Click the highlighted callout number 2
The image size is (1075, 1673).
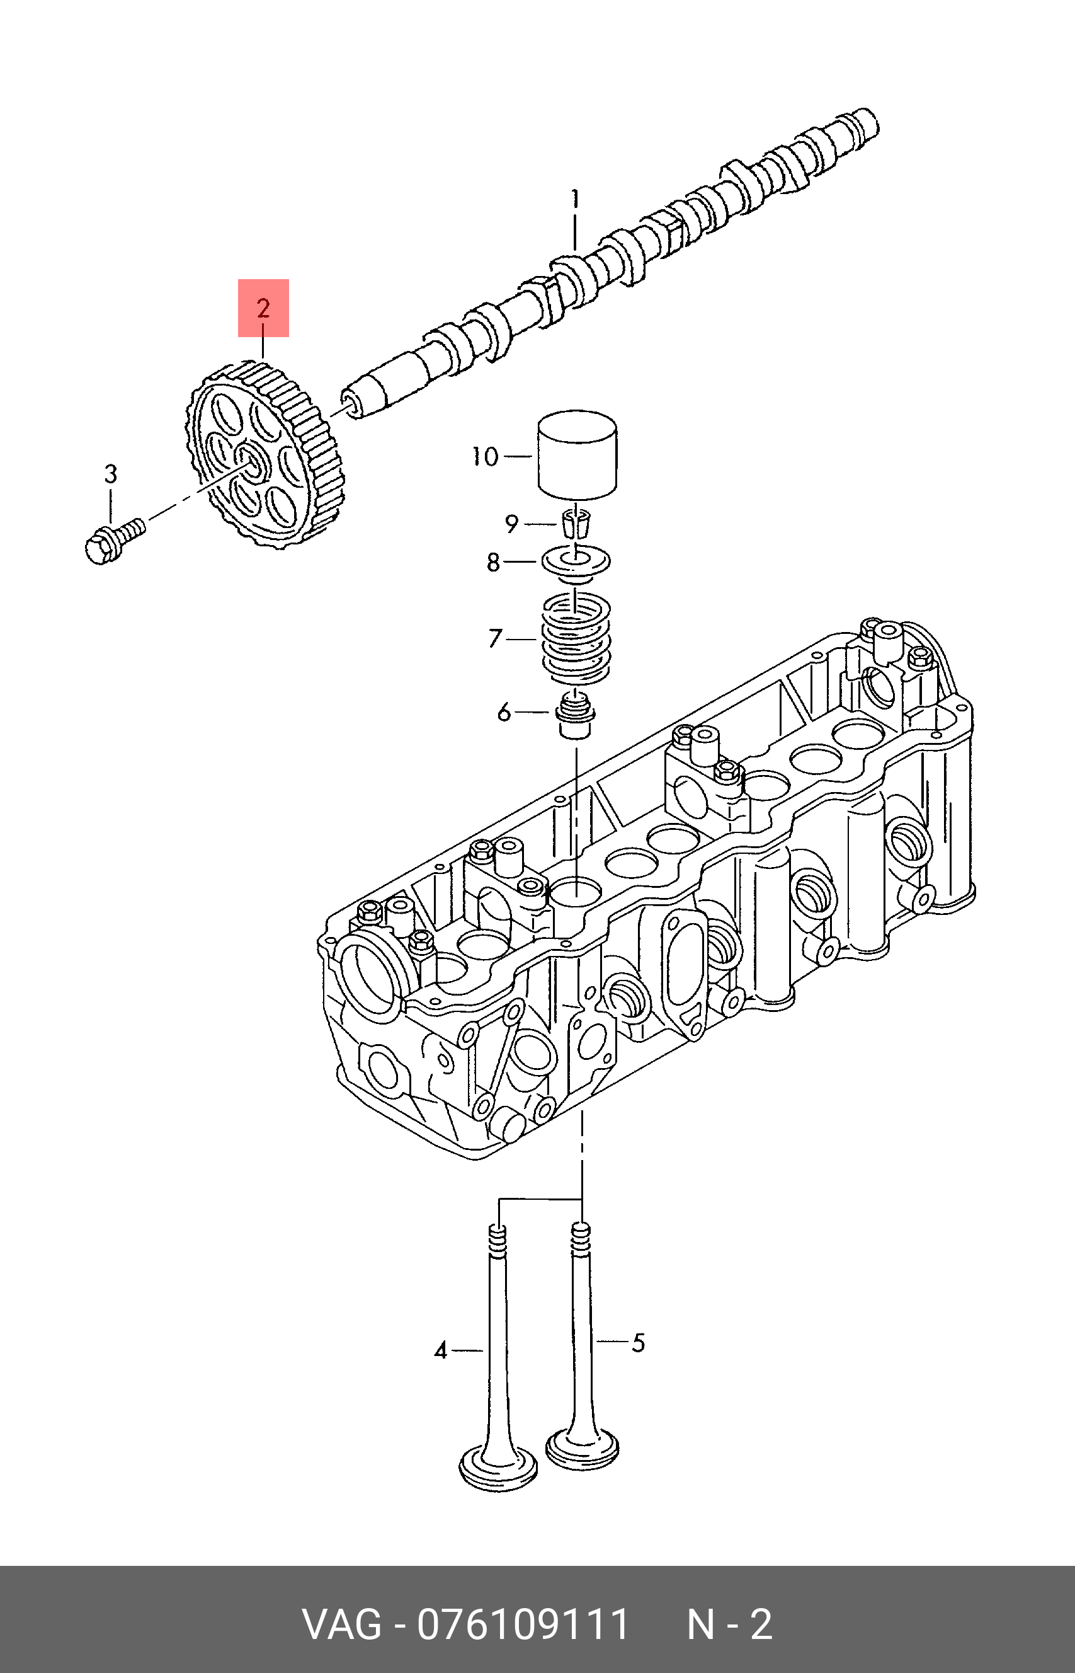click(263, 308)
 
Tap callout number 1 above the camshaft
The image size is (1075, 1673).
click(575, 199)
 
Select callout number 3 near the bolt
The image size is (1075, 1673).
click(111, 474)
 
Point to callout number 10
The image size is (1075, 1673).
click(485, 457)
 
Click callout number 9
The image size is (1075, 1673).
click(511, 524)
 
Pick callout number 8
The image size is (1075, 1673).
click(494, 562)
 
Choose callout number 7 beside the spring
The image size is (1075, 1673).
click(495, 638)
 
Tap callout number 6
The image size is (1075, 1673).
click(504, 712)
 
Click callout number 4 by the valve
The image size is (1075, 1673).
click(440, 1350)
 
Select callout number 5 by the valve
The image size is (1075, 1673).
click(639, 1343)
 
